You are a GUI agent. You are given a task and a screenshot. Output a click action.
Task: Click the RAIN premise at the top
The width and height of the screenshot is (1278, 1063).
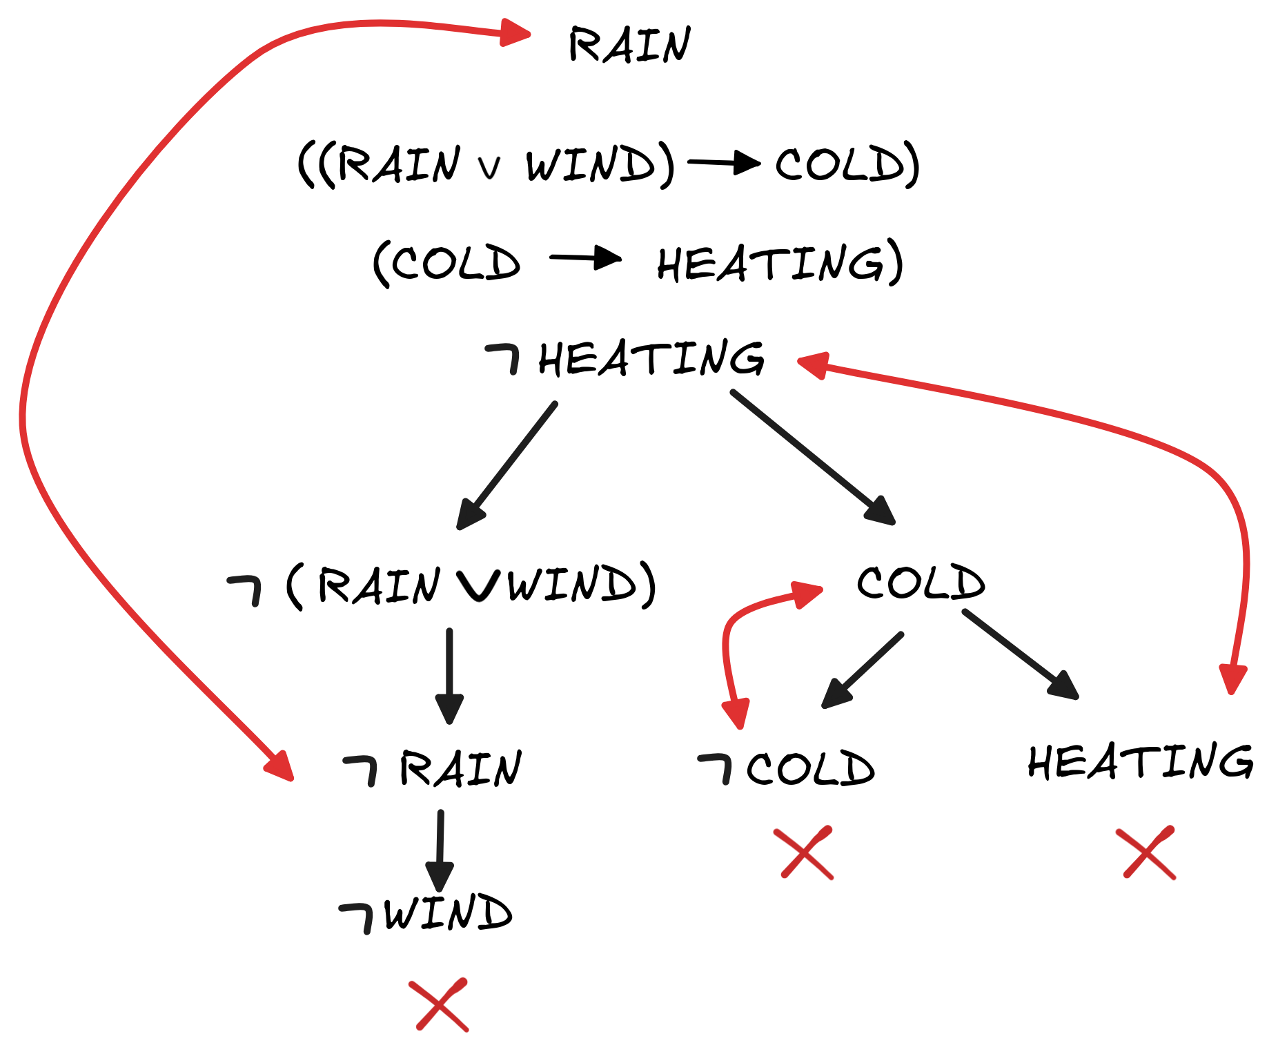pos(629,45)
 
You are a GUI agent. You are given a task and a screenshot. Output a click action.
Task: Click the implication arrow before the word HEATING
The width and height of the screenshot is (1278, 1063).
pos(585,258)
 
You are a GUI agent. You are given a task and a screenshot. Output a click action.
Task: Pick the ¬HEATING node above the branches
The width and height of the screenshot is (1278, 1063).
pos(625,359)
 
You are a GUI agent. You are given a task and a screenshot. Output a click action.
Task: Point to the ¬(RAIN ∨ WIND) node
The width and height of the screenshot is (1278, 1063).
pos(442,585)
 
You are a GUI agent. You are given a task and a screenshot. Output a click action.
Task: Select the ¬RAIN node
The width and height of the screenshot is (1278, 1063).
pos(433,769)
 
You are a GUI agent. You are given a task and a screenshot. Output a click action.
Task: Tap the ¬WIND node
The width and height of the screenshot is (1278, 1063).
pos(426,913)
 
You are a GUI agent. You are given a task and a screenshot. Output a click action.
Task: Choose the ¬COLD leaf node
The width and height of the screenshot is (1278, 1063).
pos(787,768)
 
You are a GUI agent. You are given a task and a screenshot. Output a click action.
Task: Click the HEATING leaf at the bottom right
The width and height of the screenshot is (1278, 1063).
pos(1140,762)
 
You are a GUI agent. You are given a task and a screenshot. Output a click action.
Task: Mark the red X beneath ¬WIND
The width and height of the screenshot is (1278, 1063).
pos(439,1004)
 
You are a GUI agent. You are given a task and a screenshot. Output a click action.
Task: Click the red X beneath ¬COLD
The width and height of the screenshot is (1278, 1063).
pos(804,852)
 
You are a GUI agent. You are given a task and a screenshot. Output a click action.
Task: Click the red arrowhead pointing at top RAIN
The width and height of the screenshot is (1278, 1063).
pos(514,32)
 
